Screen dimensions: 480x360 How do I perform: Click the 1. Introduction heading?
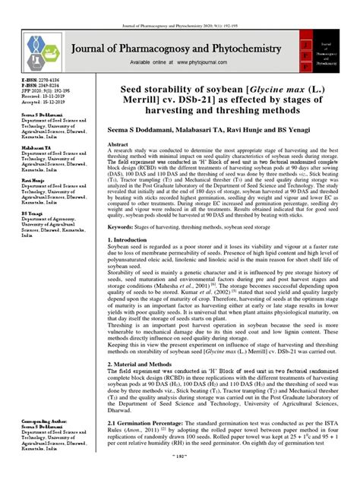[147, 241]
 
